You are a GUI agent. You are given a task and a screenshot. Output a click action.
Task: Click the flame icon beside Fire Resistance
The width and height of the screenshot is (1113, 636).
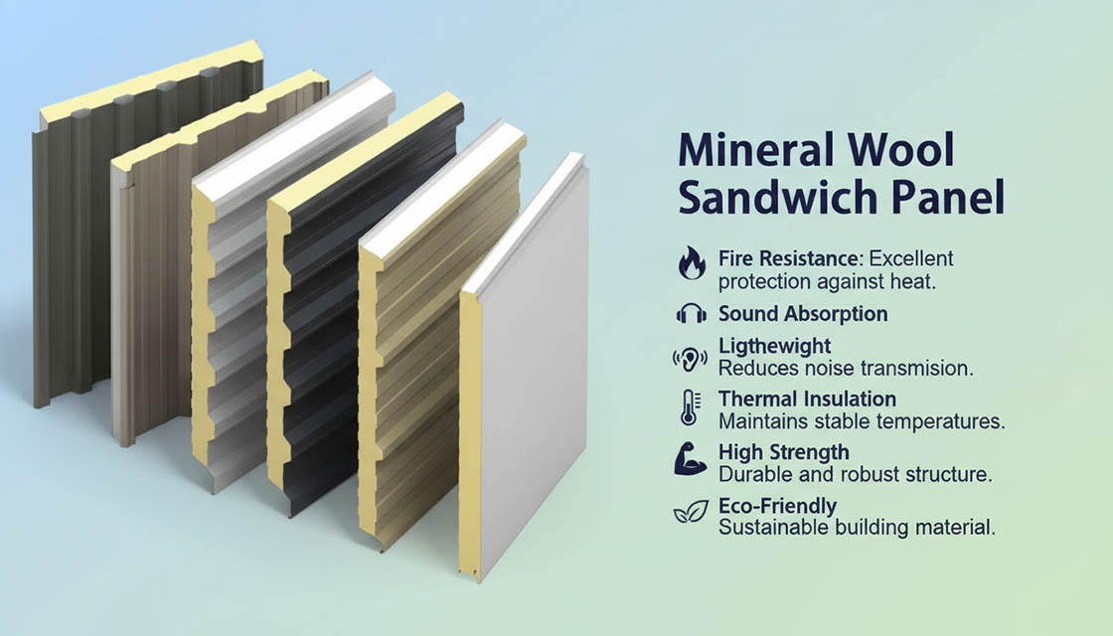pos(692,263)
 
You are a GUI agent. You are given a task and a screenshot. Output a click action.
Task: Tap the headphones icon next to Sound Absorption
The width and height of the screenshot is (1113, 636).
pos(692,313)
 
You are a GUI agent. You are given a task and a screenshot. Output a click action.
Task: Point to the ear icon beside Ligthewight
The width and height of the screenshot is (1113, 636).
pos(690,359)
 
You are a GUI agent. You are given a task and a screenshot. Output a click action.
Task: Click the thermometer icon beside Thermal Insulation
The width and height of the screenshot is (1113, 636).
pos(690,407)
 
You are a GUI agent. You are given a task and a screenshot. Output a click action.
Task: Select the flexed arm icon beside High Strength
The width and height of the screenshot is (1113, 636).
pos(690,458)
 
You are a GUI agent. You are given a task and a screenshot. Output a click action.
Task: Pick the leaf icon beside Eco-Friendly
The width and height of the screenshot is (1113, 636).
pos(691,511)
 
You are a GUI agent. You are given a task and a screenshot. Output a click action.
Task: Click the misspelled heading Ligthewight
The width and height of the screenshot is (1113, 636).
pos(774,347)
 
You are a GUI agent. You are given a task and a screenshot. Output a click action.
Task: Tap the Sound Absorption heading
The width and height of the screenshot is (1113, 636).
pos(803,314)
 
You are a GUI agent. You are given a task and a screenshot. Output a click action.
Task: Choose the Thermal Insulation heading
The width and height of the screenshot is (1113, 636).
pos(807,398)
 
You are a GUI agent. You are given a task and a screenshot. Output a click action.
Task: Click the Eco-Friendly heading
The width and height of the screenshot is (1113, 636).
pos(777,506)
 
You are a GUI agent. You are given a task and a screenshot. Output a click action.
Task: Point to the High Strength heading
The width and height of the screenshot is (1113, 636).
pos(784,452)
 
